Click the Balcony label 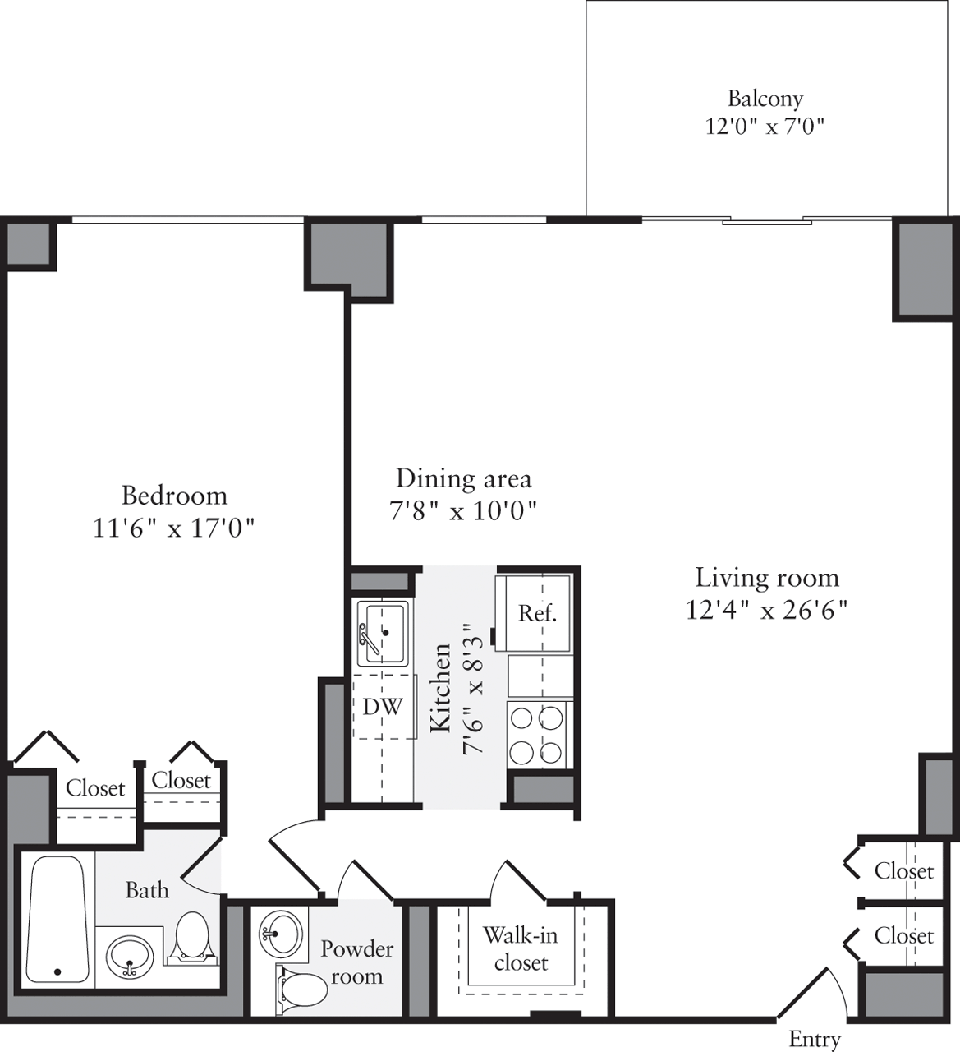[x=765, y=99]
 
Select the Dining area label [x=463, y=478]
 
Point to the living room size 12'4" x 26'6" [x=767, y=611]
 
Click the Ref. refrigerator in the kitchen [x=537, y=613]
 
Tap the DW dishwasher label [x=383, y=707]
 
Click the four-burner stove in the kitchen [x=539, y=734]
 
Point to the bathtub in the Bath [x=57, y=919]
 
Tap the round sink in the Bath [x=129, y=957]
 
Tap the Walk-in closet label [x=521, y=948]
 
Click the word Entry [x=815, y=1039]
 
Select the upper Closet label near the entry [x=903, y=871]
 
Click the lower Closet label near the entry [x=903, y=935]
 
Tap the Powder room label [x=356, y=962]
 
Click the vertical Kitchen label [x=440, y=688]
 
